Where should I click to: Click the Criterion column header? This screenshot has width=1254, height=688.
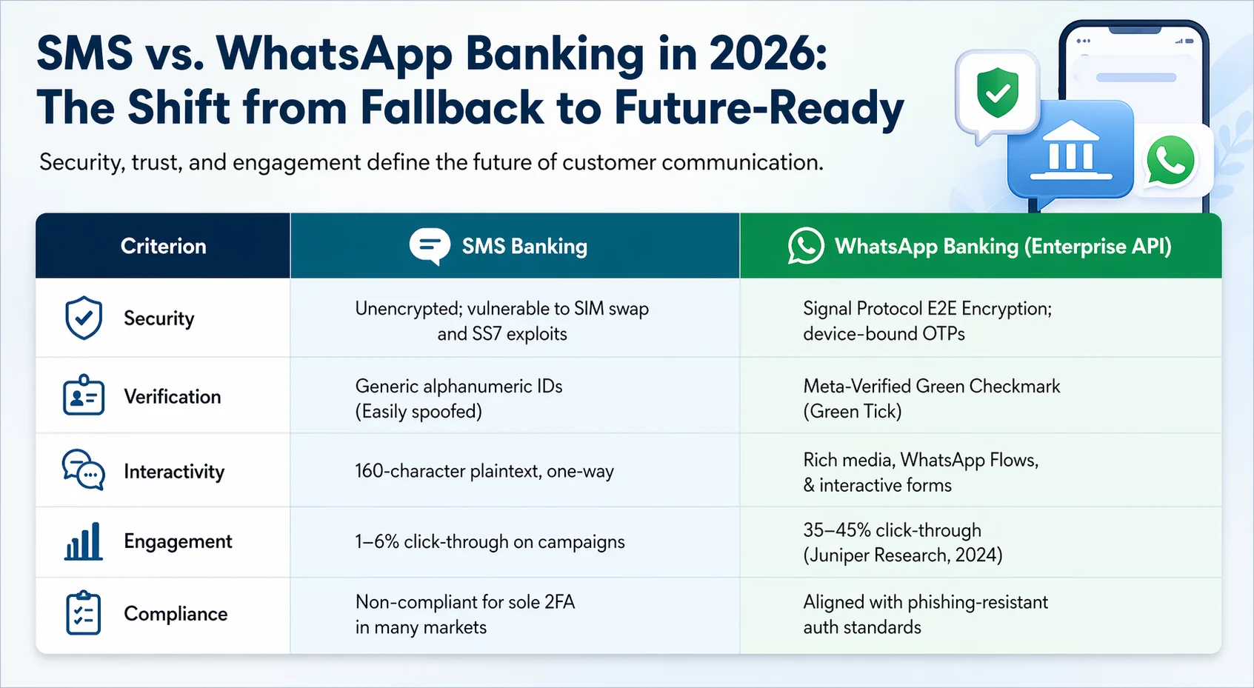click(x=163, y=246)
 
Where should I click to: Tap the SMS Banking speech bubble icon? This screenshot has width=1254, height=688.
click(x=430, y=245)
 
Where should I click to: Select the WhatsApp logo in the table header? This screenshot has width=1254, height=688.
click(x=806, y=246)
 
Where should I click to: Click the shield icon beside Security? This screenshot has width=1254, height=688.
click(x=84, y=318)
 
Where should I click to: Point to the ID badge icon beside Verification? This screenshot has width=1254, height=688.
click(x=84, y=395)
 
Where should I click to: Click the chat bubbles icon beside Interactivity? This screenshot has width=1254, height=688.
click(x=83, y=470)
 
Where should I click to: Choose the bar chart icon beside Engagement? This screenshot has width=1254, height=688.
click(x=83, y=541)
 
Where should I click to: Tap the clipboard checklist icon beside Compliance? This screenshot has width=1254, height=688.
click(x=84, y=612)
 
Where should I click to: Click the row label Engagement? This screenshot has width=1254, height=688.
click(x=178, y=541)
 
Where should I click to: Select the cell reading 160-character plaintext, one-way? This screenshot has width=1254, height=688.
click(x=484, y=471)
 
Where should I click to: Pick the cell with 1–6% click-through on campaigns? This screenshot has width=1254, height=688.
click(x=490, y=541)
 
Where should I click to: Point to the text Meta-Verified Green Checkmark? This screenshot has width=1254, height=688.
click(x=932, y=386)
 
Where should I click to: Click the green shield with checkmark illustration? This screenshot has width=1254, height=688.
click(x=998, y=93)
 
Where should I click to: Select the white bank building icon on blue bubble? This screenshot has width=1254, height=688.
click(x=1070, y=151)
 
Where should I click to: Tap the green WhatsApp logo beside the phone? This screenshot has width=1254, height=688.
click(x=1170, y=160)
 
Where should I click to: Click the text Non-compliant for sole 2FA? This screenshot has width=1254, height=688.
click(x=465, y=602)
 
